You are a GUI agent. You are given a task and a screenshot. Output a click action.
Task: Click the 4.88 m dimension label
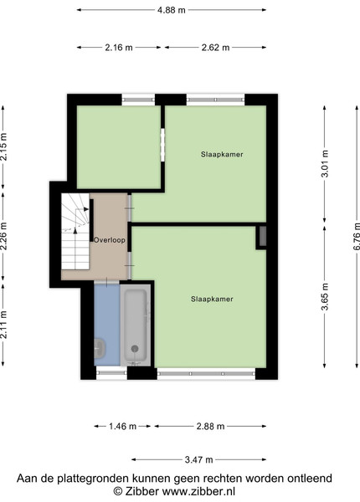[172, 10]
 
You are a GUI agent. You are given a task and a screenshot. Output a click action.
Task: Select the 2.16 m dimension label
[119, 48]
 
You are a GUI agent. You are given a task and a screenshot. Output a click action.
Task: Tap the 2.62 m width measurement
[215, 48]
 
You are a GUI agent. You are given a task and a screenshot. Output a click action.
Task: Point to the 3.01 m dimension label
[325, 163]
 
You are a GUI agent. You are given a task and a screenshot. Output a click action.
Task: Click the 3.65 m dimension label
[325, 296]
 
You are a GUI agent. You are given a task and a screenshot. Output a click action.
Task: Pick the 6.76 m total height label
[357, 236]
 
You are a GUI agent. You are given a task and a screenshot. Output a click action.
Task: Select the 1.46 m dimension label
[123, 427]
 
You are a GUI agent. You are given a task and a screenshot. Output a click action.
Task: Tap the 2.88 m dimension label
[210, 427]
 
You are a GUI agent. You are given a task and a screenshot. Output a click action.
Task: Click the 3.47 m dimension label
[199, 459]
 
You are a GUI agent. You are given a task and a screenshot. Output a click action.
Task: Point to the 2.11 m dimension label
[3, 325]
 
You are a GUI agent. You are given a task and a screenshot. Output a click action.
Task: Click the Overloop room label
[109, 240]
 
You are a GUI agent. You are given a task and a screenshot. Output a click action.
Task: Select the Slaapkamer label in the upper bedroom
[222, 154]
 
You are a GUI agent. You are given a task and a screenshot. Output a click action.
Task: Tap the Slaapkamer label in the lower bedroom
[212, 299]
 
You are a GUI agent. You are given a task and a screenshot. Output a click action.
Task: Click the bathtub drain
[135, 349]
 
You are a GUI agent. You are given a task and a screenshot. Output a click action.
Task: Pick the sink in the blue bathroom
[100, 349]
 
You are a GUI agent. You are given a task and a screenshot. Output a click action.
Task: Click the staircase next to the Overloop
[75, 231]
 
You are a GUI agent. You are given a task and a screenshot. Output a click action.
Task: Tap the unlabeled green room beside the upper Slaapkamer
[119, 147]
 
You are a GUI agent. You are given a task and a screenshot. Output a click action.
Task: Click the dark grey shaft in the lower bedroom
[263, 236]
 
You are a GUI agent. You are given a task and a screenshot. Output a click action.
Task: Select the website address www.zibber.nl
[198, 491]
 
